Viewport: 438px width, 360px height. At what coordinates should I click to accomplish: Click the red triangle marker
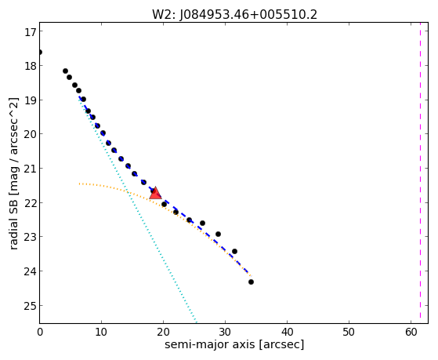155,193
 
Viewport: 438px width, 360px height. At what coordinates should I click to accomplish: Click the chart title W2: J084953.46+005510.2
234,15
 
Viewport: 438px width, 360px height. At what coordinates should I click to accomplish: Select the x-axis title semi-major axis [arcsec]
234,344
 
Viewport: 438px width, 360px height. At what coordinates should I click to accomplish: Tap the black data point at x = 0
40,53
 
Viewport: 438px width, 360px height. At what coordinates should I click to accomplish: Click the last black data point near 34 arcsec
251,282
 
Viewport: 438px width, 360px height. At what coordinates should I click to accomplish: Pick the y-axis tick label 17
31,32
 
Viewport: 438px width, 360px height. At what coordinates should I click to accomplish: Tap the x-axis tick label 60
411,332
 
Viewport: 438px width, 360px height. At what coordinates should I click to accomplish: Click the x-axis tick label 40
287,332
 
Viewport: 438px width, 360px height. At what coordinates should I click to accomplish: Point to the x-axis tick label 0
40,332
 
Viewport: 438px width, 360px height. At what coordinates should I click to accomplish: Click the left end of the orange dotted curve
80,184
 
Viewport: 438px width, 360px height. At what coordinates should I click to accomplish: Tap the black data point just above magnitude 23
218,234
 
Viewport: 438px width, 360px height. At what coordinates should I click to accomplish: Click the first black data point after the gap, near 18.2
65,71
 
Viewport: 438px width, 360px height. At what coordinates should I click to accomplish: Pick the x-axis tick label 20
163,332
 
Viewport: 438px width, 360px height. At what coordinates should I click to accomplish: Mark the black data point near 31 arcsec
234,251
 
